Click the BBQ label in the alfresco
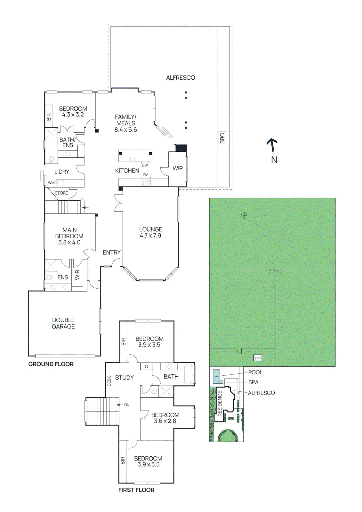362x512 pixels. coord(222,138)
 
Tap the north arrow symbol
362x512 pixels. coord(272,145)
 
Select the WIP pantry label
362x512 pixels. coord(178,168)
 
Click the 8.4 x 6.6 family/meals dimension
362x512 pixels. coord(126,130)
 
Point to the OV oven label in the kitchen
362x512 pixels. coord(145,175)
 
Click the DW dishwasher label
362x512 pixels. coord(145,165)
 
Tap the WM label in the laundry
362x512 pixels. coord(51,183)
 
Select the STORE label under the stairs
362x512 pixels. coord(61,193)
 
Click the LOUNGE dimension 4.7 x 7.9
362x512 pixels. coord(150,236)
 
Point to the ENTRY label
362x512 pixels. coord(111,253)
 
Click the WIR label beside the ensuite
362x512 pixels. coord(77,275)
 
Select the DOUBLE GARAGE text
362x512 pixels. coord(63,323)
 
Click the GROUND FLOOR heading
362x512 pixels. coord(51,364)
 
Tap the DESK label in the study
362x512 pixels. coord(109,381)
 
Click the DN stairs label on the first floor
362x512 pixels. coord(127,405)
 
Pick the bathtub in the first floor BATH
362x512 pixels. coord(189,374)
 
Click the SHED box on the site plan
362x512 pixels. coord(257,358)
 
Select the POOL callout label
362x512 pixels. coord(255,372)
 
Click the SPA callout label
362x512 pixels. coord(253,382)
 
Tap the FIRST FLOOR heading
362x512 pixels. coord(136,490)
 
